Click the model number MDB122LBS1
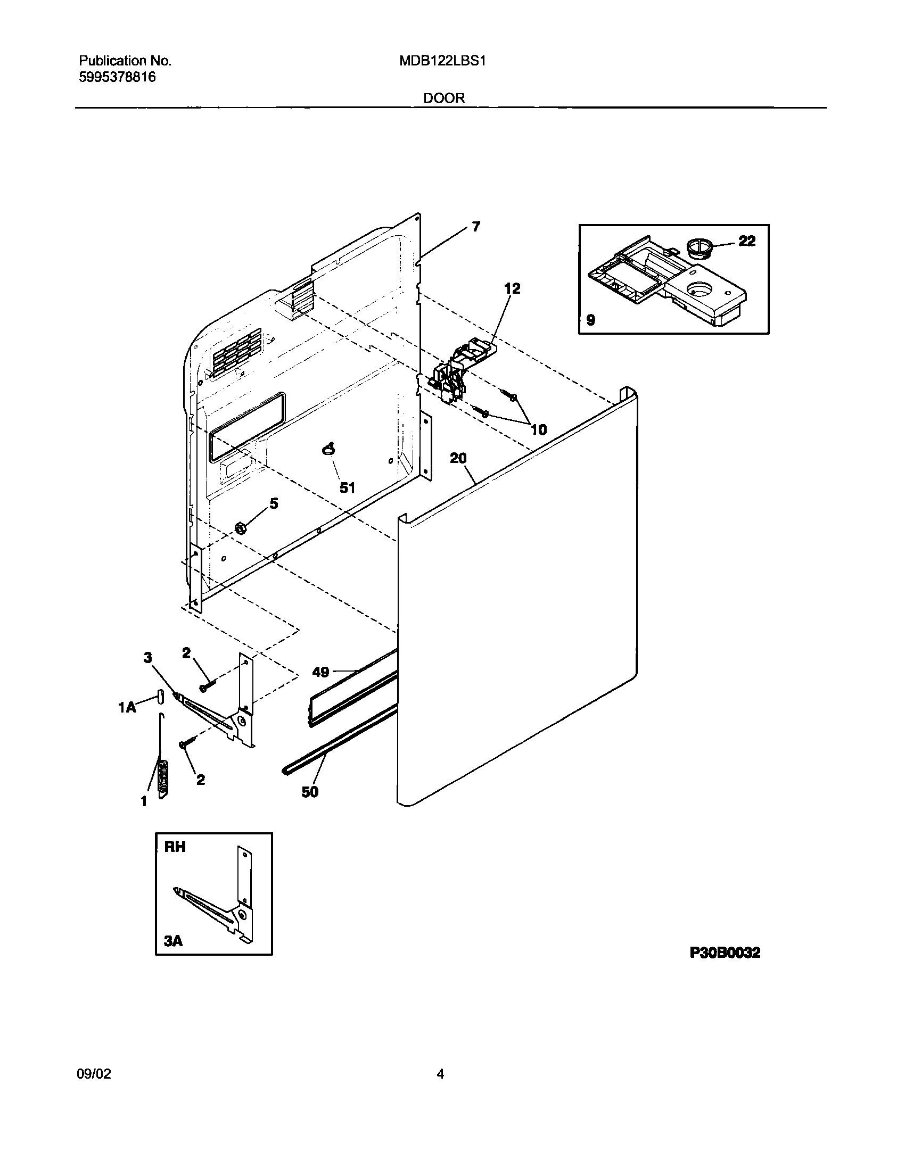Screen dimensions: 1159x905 coord(442,61)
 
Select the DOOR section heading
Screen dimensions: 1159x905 coord(445,98)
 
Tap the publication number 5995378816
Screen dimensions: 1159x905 coord(117,78)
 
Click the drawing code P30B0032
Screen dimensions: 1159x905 coord(725,953)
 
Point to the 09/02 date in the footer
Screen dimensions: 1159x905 coord(95,1074)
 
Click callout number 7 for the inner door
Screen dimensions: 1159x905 coord(475,227)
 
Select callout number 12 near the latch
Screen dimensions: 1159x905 coord(512,288)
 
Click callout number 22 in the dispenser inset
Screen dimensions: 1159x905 coord(747,241)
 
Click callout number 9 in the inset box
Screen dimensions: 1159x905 coord(590,320)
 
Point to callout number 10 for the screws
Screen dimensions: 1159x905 coord(539,429)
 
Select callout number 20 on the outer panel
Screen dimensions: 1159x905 coord(458,458)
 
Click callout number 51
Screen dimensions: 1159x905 coord(347,487)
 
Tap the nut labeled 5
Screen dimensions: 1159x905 coord(240,528)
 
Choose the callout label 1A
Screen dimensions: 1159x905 coord(127,707)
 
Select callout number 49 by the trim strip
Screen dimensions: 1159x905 coord(320,672)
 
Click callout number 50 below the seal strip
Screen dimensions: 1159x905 coord(310,807)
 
